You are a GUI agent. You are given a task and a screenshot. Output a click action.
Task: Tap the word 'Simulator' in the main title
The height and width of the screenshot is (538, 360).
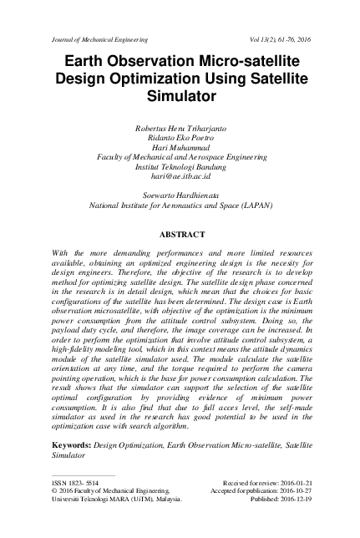(x=180, y=97)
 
